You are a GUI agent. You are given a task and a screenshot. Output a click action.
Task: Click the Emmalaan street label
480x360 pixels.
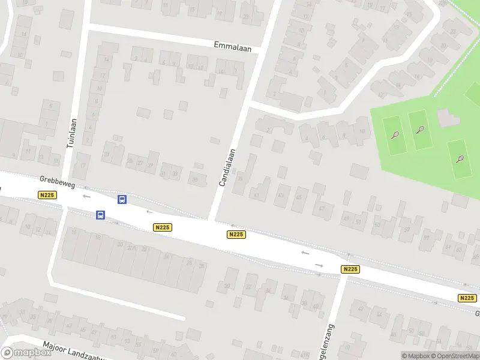pos(232,46)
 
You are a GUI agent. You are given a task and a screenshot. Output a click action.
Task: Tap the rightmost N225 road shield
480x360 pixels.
pos(467,298)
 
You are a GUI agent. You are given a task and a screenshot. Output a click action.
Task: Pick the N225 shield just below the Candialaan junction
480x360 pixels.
pos(236,235)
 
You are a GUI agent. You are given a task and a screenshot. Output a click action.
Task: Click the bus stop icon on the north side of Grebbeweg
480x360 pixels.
pos(122,200)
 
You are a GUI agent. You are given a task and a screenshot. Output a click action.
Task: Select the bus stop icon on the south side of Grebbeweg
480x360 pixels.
pos(100,215)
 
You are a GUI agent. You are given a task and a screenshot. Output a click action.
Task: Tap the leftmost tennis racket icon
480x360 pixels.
pos(395,135)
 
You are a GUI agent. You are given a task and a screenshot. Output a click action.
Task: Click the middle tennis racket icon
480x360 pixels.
pos(420,129)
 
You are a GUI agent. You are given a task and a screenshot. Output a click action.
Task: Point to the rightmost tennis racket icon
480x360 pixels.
pos(460,159)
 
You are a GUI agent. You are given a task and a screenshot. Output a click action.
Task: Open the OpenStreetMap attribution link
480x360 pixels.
pos(453,356)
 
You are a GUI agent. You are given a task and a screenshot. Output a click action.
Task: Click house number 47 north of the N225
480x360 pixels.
pos(322,208)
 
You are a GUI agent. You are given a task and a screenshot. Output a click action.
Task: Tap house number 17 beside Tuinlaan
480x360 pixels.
pos(83,166)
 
